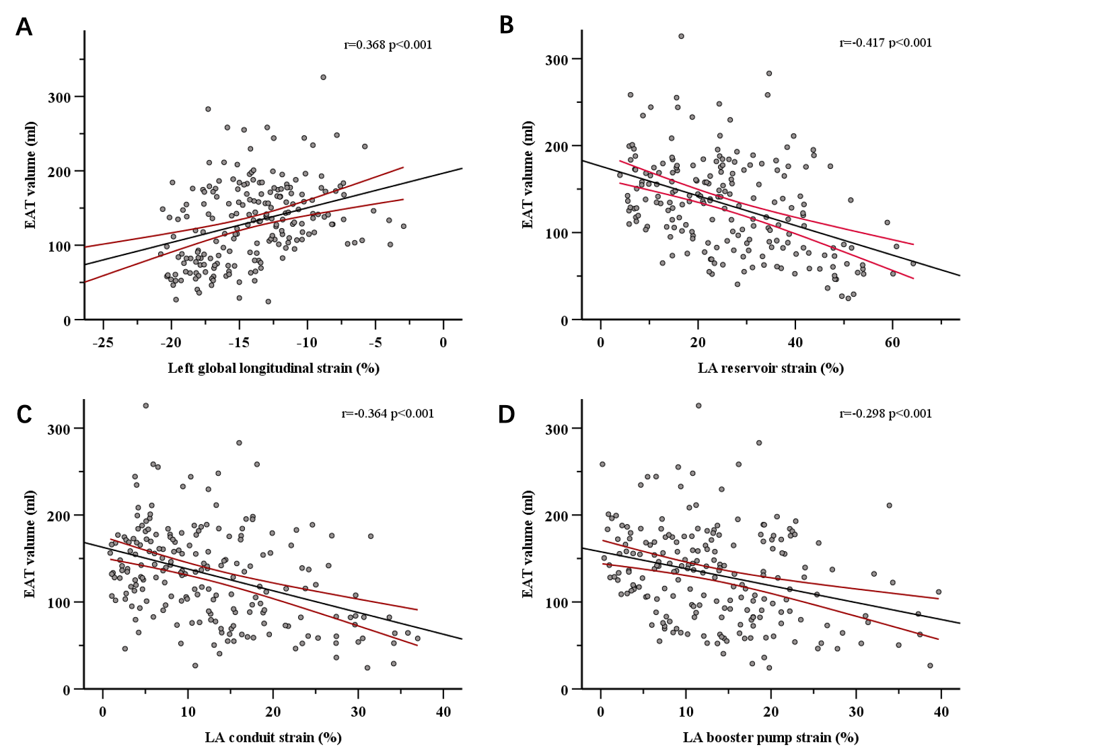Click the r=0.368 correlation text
[x=388, y=45]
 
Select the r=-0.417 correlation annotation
[x=886, y=43]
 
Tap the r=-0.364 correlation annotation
[x=388, y=414]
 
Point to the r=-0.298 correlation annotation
[x=886, y=414]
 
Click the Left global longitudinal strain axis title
[x=273, y=368]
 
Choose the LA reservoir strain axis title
[x=770, y=368]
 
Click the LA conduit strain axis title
[x=273, y=738]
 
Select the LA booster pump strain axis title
[x=770, y=738]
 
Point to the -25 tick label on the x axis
[x=102, y=343]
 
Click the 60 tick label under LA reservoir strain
[x=892, y=343]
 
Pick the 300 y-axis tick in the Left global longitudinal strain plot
[x=59, y=97]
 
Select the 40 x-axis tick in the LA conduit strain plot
[x=443, y=712]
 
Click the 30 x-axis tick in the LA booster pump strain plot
[x=856, y=712]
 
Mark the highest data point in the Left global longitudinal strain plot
[x=323, y=77]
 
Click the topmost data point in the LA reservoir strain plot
[x=681, y=36]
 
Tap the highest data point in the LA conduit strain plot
[x=145, y=406]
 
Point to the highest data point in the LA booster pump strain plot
[x=698, y=406]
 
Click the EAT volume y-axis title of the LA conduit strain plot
[x=30, y=544]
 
